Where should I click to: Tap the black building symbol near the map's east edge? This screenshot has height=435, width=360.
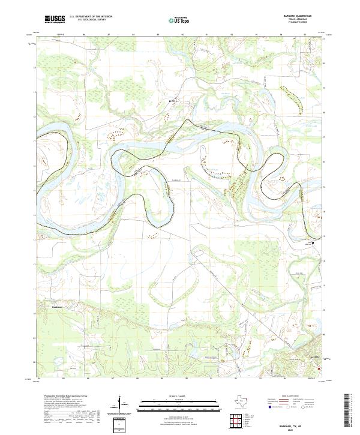point(313,242)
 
